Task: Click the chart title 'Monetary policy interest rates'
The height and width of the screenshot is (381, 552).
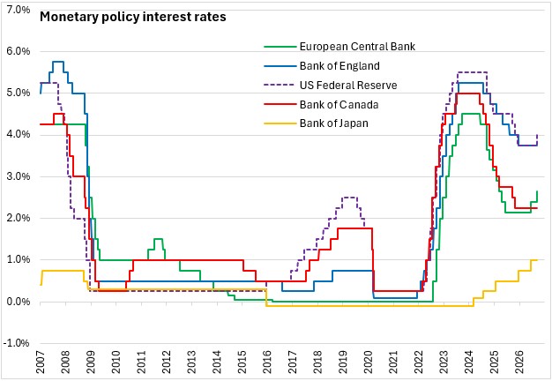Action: [133, 17]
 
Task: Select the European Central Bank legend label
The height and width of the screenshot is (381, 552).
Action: [357, 47]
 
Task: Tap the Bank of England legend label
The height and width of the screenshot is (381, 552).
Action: [339, 66]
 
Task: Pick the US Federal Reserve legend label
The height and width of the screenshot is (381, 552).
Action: [348, 86]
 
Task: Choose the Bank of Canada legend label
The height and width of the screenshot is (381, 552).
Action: [339, 105]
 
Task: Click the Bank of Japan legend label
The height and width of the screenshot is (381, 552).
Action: [333, 123]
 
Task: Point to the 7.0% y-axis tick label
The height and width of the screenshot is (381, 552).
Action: [19, 10]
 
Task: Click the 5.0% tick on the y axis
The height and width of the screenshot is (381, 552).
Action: [19, 93]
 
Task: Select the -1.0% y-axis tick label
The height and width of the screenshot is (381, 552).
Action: [16, 343]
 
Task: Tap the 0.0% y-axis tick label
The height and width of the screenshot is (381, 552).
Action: [19, 302]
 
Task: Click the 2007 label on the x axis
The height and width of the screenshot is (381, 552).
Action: [41, 362]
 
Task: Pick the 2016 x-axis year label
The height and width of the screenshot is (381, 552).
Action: [267, 362]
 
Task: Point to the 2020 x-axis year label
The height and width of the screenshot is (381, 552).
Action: [368, 362]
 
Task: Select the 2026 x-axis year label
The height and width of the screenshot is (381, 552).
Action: [519, 362]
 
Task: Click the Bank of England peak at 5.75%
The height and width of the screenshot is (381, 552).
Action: [58, 62]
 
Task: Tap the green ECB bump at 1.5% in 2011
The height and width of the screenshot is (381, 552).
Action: [159, 239]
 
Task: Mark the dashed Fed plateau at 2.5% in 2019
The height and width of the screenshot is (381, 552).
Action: [349, 198]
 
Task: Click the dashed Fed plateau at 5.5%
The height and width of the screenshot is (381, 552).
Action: [472, 72]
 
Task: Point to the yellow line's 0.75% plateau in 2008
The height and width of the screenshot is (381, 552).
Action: [63, 271]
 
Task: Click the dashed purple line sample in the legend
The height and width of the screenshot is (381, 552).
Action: [280, 86]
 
